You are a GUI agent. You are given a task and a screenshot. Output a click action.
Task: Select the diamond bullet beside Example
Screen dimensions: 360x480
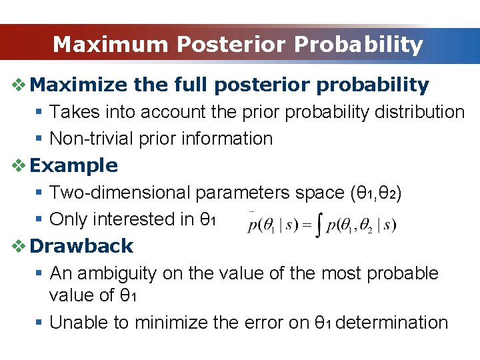click(x=19, y=165)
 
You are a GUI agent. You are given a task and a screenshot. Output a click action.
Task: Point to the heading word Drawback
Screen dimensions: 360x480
click(x=82, y=245)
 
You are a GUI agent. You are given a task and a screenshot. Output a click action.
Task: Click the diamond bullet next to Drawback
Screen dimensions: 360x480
click(x=19, y=245)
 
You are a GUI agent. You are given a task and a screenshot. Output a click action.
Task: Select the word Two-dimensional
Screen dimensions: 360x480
click(x=121, y=193)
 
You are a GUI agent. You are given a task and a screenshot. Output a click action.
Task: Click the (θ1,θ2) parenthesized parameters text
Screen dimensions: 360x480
click(x=375, y=193)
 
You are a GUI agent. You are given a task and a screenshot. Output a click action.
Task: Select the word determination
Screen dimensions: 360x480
click(x=392, y=322)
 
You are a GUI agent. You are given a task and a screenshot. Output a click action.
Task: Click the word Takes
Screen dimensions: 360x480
click(x=73, y=111)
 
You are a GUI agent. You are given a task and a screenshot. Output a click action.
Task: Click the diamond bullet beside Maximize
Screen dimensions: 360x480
click(x=19, y=85)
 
